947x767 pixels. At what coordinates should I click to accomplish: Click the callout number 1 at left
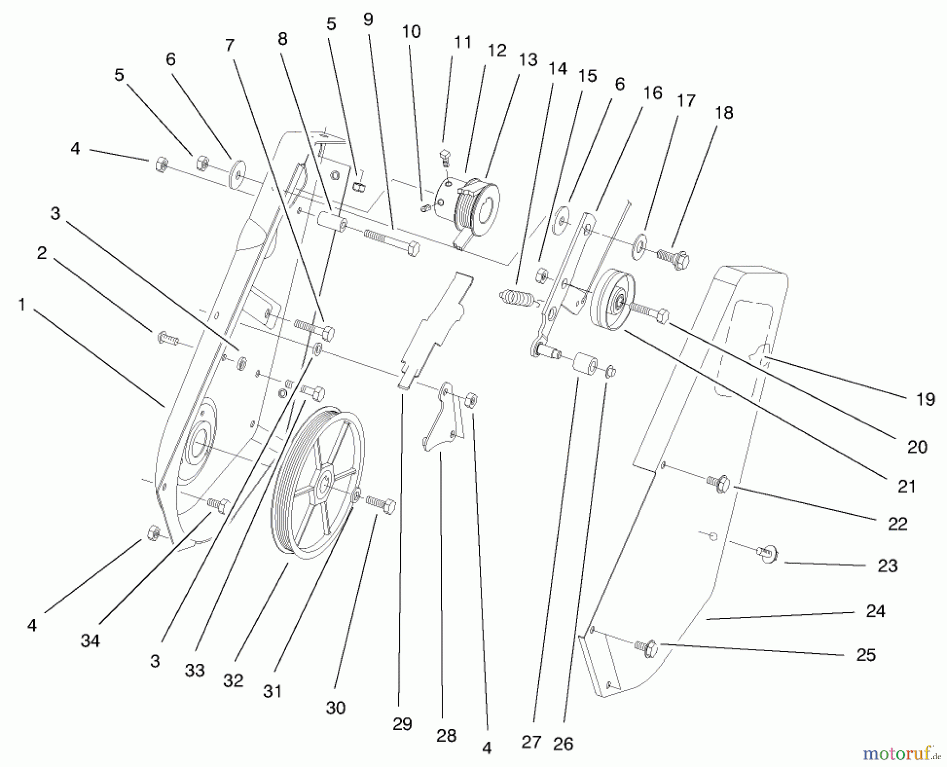(x=22, y=304)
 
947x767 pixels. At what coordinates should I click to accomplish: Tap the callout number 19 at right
(x=925, y=400)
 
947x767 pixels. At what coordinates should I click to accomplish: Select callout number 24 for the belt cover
(x=875, y=611)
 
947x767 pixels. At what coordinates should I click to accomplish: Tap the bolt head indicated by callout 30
(x=388, y=506)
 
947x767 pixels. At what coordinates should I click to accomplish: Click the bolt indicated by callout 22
(x=721, y=482)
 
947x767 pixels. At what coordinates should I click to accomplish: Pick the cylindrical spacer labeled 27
(x=585, y=364)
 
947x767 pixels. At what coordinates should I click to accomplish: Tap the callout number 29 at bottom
(x=402, y=724)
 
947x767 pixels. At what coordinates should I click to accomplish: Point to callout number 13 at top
(x=528, y=59)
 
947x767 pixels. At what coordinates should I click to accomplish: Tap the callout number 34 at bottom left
(x=90, y=641)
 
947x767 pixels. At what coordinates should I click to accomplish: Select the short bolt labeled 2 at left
(x=164, y=336)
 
